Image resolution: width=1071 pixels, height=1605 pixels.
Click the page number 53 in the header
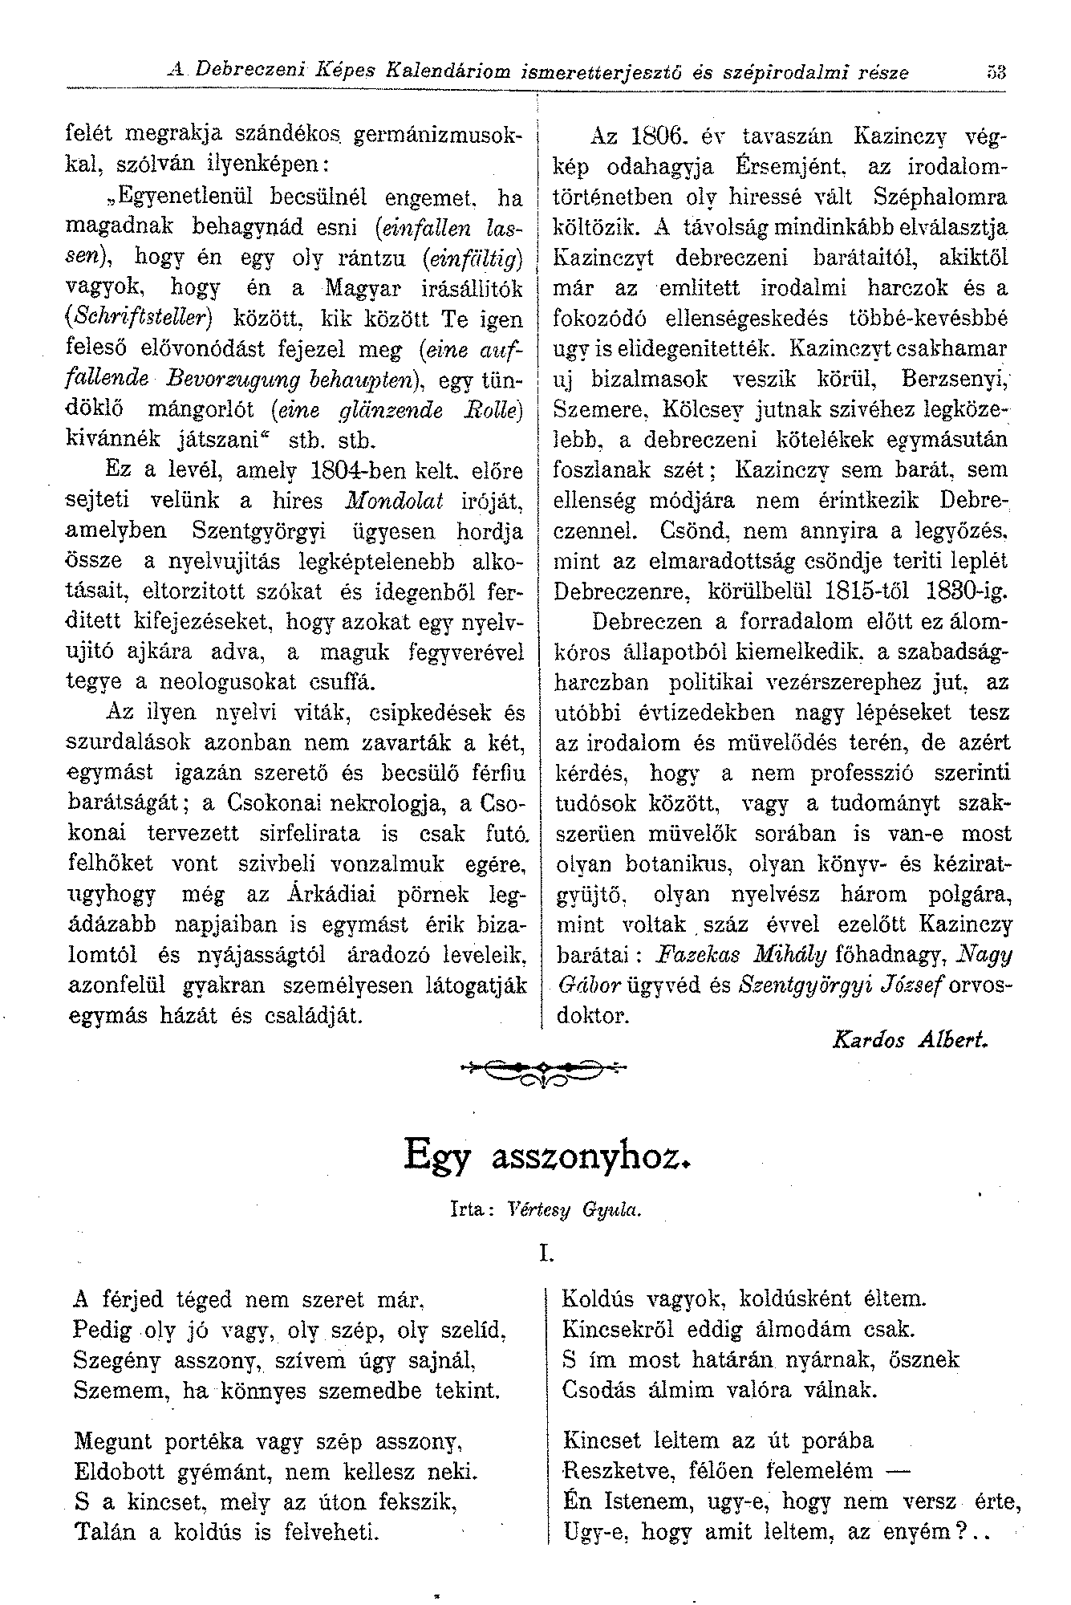tap(996, 73)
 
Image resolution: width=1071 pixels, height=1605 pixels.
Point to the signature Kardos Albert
tap(911, 1040)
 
